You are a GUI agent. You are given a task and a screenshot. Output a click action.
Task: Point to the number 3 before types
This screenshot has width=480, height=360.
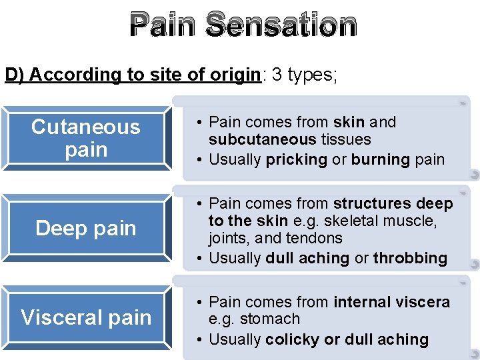point(277,75)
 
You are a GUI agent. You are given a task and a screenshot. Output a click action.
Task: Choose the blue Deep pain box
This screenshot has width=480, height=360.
point(85,229)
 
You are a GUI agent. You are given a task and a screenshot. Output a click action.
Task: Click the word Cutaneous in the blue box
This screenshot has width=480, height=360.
point(85,127)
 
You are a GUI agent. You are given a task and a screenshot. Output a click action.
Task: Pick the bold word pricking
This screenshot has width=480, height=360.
point(296,159)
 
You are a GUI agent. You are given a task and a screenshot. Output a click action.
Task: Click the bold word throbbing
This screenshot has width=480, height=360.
point(410,258)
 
